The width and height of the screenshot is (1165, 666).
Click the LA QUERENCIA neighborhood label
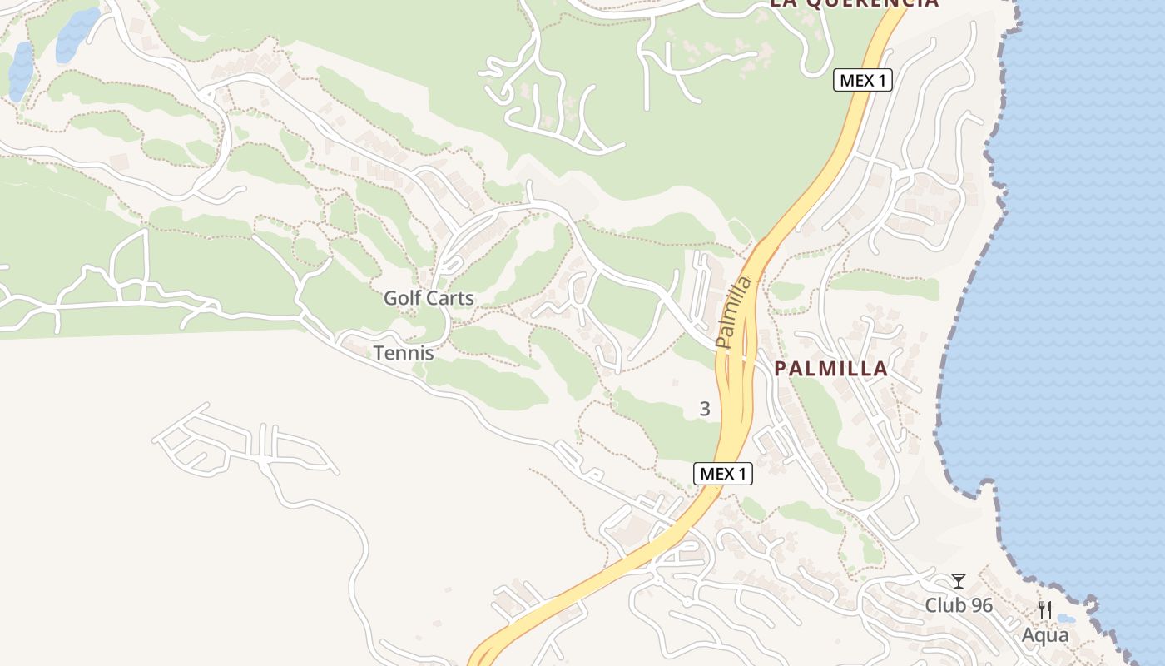(x=854, y=2)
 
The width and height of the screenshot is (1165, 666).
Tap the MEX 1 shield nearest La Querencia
(x=863, y=80)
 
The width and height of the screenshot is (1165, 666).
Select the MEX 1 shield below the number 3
(x=723, y=474)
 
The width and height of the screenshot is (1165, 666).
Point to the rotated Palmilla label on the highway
(x=733, y=311)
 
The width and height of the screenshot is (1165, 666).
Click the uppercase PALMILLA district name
(x=831, y=369)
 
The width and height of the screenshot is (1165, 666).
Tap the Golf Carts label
(x=429, y=298)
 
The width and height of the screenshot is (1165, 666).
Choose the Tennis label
(x=404, y=353)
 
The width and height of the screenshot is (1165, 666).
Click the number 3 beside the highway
(x=706, y=409)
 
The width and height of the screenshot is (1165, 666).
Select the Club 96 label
(x=959, y=605)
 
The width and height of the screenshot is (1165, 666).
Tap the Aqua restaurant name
(x=1045, y=635)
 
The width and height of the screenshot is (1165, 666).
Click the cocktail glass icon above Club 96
(x=959, y=581)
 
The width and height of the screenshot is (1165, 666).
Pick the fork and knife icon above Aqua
(x=1045, y=610)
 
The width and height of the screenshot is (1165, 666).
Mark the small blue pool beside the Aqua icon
(x=1064, y=619)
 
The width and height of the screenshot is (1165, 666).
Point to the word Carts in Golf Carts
(x=449, y=298)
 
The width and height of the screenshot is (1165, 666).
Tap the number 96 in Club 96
(x=982, y=605)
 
